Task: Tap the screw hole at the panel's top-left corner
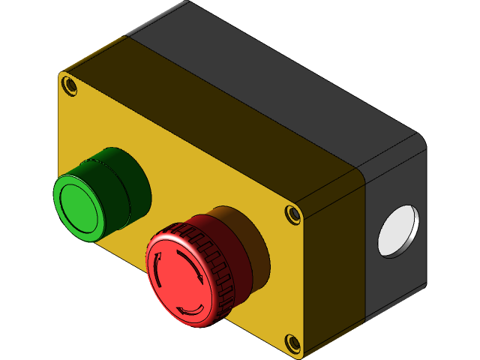click(x=69, y=85)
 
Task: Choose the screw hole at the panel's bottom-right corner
click(x=292, y=343)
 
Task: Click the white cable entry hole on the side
click(x=397, y=231)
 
